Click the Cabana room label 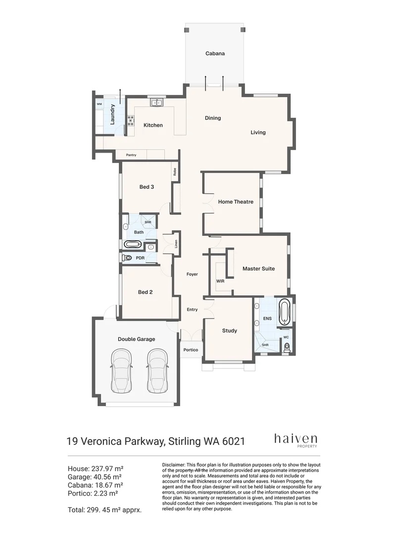[x=215, y=53]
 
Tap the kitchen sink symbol [x=157, y=103]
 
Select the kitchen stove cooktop [x=131, y=121]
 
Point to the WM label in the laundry [x=99, y=104]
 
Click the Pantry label [x=131, y=155]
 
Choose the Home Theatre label [x=236, y=202]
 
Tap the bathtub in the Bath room [x=132, y=244]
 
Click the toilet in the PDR [x=127, y=258]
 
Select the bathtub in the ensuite [x=284, y=312]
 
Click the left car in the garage [x=121, y=371]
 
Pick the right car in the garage [x=157, y=371]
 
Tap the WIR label [x=220, y=281]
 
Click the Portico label [x=191, y=350]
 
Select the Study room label [x=230, y=330]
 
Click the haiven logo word [x=296, y=438]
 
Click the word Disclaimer [x=174, y=465]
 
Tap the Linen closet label [x=176, y=244]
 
